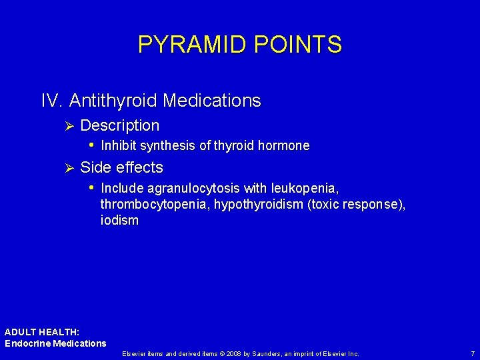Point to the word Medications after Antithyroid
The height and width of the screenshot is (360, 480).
tap(211, 101)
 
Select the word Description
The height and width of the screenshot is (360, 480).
tap(119, 125)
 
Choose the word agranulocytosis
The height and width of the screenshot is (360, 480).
tap(194, 189)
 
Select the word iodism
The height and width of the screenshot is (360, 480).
tap(119, 221)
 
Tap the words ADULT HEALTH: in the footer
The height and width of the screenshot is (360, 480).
tap(42, 332)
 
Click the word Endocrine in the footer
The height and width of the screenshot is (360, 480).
tap(27, 343)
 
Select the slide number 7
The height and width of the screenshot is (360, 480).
tap(472, 353)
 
